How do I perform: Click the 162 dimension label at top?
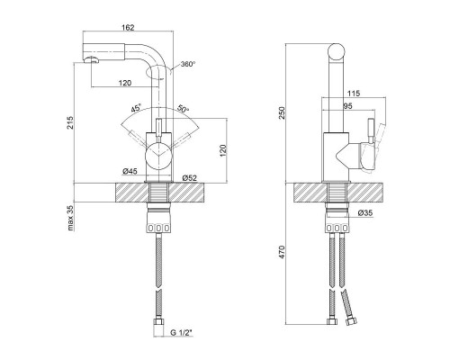click(128, 27)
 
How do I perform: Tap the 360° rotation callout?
click(188, 64)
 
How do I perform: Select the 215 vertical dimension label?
click(70, 122)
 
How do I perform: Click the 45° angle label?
click(136, 108)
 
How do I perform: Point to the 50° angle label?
click(183, 108)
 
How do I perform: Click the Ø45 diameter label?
click(130, 171)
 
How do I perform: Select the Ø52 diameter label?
click(190, 177)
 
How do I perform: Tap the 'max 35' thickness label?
click(70, 218)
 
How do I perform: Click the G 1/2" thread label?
click(181, 332)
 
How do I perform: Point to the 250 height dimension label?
click(282, 112)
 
